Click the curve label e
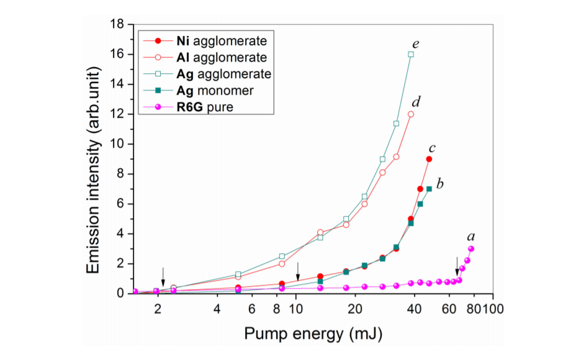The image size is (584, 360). (415, 43)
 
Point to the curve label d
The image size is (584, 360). (416, 102)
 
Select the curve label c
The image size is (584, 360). (432, 148)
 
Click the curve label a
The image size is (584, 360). (471, 236)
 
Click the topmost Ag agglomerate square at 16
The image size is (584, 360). (411, 55)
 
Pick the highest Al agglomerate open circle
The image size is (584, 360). (411, 114)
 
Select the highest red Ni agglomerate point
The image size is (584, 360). (429, 159)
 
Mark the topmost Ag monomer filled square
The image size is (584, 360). (429, 189)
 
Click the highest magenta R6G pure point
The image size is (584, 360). (471, 248)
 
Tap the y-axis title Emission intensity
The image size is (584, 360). (94, 159)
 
